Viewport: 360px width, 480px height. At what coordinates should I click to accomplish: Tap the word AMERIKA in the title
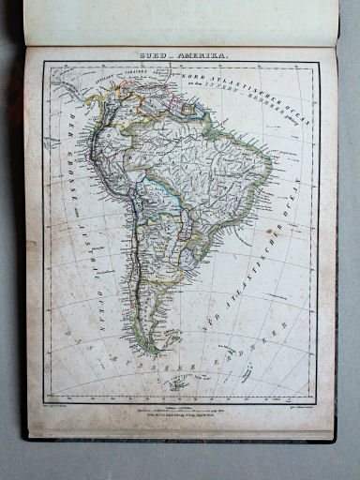coord(193,56)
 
